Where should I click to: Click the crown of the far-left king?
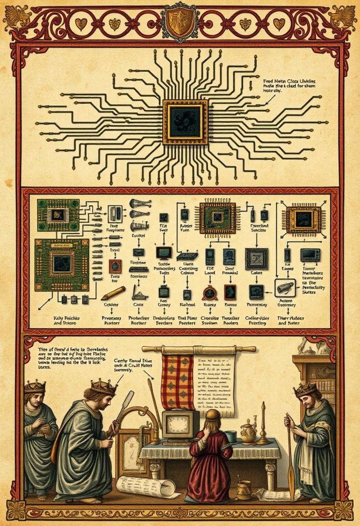[35, 386]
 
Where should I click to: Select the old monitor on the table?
[180, 426]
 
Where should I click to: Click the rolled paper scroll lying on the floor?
[145, 487]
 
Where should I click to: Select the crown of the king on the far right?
[306, 390]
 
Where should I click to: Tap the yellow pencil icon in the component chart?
[113, 293]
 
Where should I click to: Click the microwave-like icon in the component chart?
[310, 255]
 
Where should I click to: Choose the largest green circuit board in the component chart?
[61, 264]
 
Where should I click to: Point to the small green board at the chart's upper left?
[58, 215]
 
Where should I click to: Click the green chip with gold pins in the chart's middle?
[217, 217]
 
